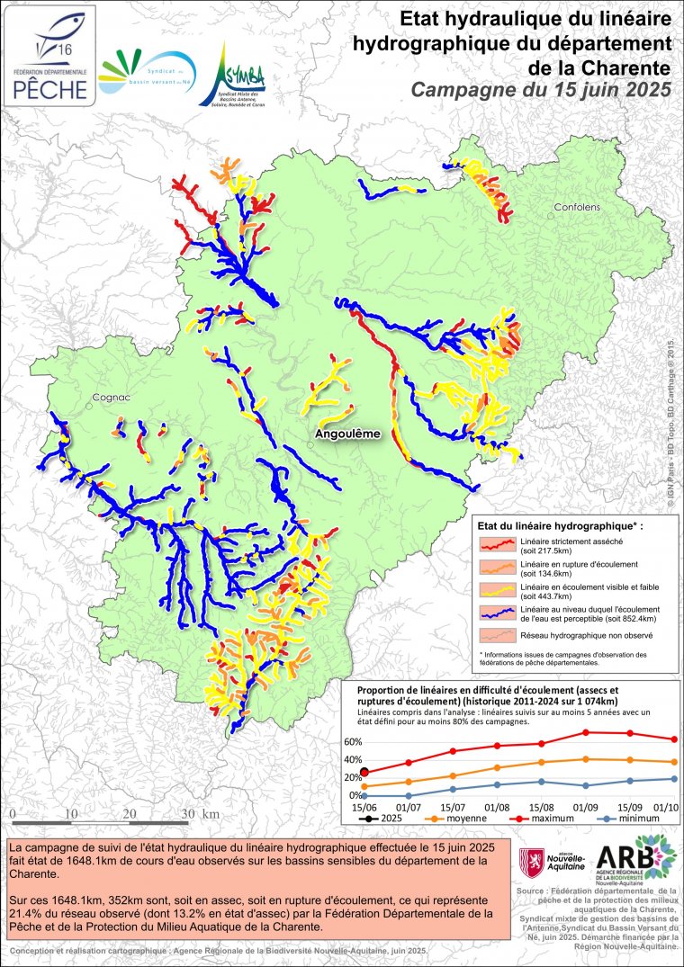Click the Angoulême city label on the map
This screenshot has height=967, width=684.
[x=347, y=434]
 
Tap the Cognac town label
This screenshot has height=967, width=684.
[x=111, y=397]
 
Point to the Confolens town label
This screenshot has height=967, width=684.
[x=576, y=207]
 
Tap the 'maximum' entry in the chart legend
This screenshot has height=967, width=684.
[x=528, y=819]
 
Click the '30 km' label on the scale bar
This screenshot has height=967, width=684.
[x=198, y=814]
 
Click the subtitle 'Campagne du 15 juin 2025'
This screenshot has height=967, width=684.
[x=541, y=89]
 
